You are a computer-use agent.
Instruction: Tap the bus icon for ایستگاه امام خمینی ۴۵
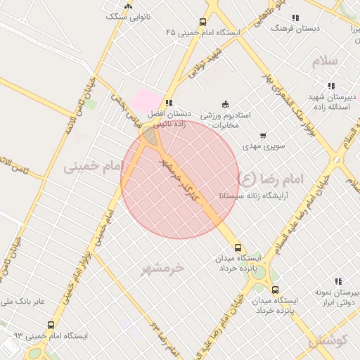[203, 22]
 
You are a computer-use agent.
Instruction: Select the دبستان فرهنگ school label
[296, 28]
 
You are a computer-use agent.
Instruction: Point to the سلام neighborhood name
[326, 61]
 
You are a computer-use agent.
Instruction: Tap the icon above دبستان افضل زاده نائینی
[168, 102]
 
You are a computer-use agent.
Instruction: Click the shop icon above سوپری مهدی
[263, 136]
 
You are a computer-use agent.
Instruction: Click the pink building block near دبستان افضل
[145, 98]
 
